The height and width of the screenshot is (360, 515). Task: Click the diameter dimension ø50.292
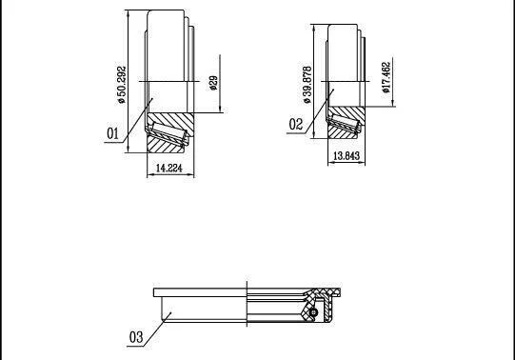[122, 85]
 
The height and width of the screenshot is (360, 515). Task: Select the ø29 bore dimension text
[213, 83]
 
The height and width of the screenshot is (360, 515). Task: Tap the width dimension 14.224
[169, 169]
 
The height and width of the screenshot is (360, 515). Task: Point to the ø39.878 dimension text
[307, 85]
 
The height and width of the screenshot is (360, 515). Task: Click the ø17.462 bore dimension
[386, 77]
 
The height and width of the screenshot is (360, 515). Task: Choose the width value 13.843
[347, 155]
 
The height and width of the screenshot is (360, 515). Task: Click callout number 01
[112, 133]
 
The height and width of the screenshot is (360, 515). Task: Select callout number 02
[296, 125]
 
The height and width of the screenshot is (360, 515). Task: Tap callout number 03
[136, 337]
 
